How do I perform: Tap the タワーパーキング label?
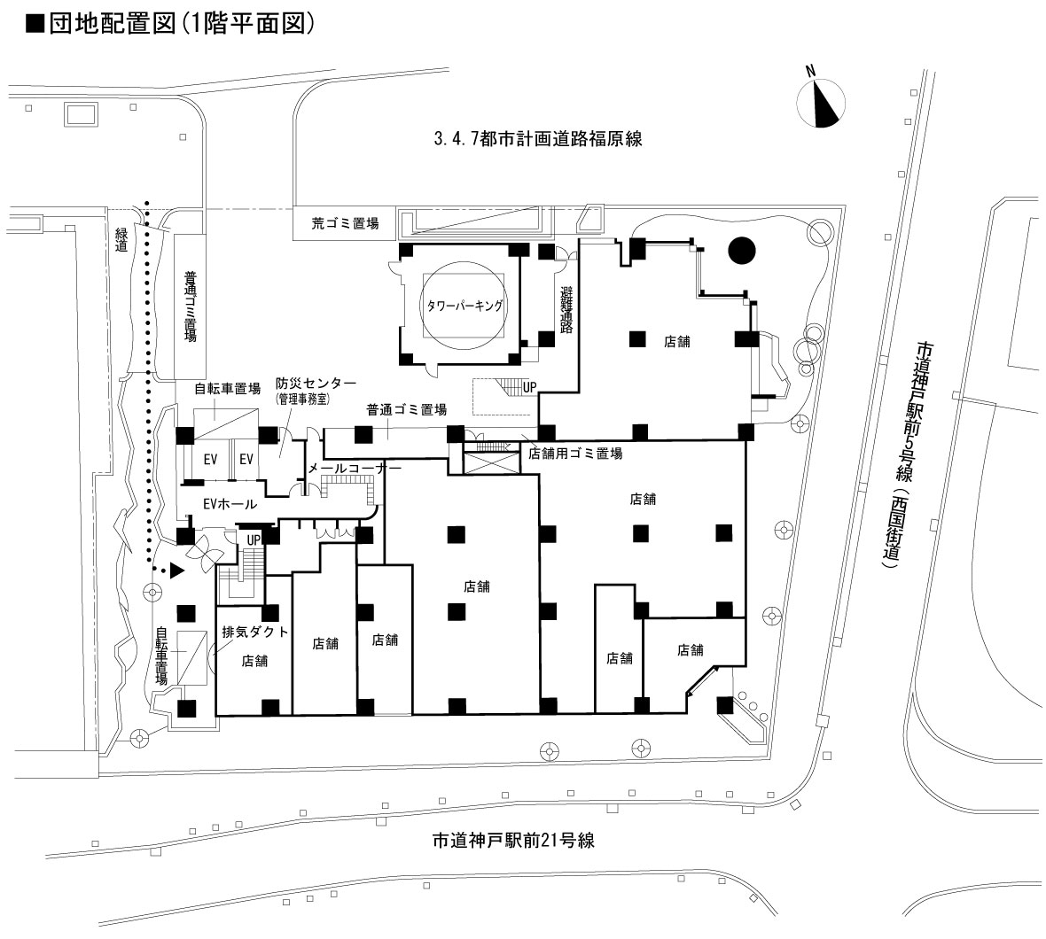(464, 306)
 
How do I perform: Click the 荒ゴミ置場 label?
(345, 224)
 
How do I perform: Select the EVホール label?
(230, 504)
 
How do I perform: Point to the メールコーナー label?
(355, 469)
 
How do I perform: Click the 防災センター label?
(316, 384)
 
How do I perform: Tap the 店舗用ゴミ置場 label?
(575, 454)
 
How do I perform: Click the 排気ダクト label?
(255, 632)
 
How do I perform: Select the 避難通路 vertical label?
(567, 309)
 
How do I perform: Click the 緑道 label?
(121, 239)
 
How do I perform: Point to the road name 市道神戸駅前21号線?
(513, 840)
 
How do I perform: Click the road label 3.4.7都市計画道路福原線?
(538, 138)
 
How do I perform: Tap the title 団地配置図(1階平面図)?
(170, 23)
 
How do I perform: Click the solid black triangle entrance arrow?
(177, 570)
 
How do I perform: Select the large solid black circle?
(742, 251)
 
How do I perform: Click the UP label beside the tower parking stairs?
(530, 387)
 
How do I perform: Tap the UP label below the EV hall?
(254, 539)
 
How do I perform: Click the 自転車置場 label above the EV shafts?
(228, 389)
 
